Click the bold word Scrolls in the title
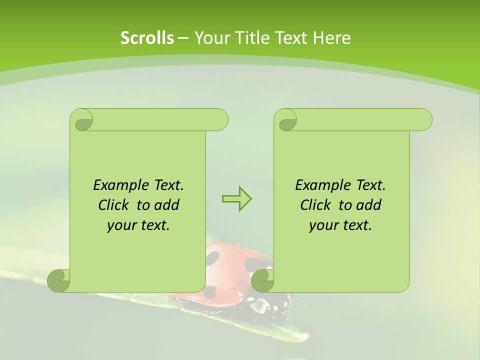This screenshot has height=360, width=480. [x=147, y=38]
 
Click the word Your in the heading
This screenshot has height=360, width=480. [x=210, y=38]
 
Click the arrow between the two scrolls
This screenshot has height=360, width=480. [x=236, y=198]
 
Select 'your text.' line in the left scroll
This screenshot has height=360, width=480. [x=138, y=225]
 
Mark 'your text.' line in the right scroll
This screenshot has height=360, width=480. [x=340, y=225]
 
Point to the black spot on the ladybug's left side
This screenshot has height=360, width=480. [x=213, y=258]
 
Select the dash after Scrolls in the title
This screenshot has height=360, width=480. [x=183, y=38]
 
